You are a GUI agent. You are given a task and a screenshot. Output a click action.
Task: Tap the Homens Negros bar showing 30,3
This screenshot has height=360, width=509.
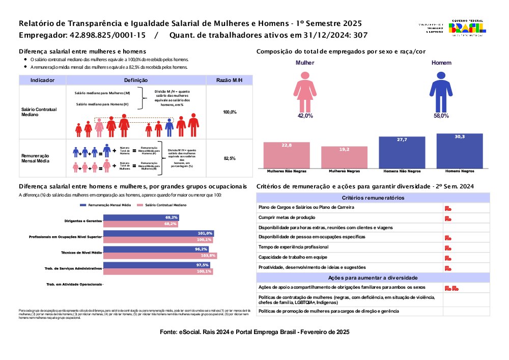460,151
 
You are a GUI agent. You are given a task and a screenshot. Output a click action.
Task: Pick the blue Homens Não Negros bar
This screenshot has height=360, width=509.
402,152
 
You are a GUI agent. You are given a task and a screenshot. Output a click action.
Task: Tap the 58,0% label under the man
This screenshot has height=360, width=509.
441,116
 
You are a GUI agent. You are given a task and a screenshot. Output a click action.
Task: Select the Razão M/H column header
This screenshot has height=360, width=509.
229,80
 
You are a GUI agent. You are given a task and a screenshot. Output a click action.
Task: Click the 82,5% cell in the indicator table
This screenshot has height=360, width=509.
230,158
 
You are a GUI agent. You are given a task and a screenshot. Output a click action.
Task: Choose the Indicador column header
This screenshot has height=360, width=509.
43,80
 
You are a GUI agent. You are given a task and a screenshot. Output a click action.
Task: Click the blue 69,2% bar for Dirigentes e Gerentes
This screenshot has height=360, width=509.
141,217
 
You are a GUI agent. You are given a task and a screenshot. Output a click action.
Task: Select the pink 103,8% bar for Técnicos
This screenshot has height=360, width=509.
160,256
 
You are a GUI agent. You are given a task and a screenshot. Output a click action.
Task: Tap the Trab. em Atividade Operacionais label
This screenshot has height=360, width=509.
74,284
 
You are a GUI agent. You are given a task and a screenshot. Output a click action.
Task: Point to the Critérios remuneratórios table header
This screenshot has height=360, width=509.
373,198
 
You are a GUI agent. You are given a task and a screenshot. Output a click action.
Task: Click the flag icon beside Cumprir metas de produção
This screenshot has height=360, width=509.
448,218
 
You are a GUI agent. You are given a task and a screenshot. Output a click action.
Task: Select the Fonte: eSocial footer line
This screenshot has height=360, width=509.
254,332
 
